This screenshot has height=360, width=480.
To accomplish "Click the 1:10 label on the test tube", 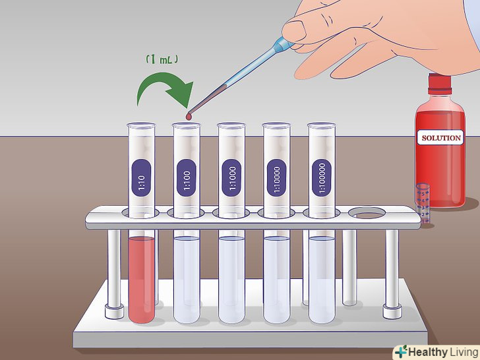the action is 141,178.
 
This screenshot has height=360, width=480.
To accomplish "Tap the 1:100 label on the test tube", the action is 187,178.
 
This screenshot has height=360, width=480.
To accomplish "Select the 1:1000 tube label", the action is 231,178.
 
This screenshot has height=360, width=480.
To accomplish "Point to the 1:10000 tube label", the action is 276,178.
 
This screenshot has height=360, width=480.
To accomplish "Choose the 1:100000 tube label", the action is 322,178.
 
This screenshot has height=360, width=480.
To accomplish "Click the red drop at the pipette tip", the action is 189,116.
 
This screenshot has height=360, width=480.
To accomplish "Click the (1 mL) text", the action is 162,59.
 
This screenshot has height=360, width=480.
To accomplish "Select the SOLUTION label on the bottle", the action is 441,138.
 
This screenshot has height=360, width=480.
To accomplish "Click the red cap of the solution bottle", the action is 440,84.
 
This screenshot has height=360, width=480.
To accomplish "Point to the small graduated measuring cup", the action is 423,203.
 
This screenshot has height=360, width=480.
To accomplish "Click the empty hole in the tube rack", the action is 367,213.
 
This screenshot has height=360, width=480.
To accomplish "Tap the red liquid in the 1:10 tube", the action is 141,279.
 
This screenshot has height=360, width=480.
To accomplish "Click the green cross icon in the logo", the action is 402,351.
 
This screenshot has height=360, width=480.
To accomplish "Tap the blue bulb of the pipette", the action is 283,45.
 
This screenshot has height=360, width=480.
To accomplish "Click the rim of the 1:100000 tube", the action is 322,125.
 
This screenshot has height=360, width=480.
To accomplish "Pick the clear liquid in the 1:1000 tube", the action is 231,279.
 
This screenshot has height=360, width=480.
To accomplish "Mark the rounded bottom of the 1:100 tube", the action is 187,318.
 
